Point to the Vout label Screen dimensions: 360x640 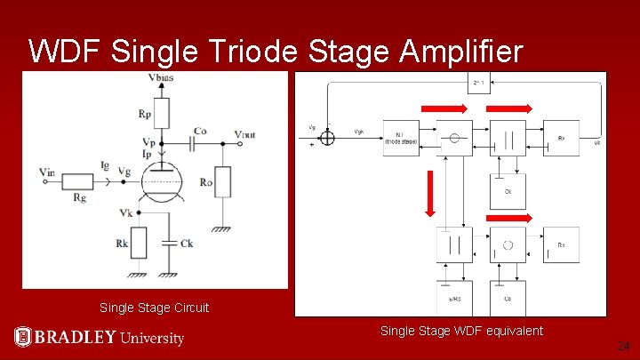(245, 133)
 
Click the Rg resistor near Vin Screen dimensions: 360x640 (77, 181)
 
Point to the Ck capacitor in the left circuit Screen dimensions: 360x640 (169, 242)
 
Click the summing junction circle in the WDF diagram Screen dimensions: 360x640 (328, 138)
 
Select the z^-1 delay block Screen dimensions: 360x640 (478, 84)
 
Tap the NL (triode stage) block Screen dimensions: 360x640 (401, 138)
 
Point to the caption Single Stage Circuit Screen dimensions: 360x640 (155, 308)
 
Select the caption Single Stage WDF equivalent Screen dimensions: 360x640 (461, 331)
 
